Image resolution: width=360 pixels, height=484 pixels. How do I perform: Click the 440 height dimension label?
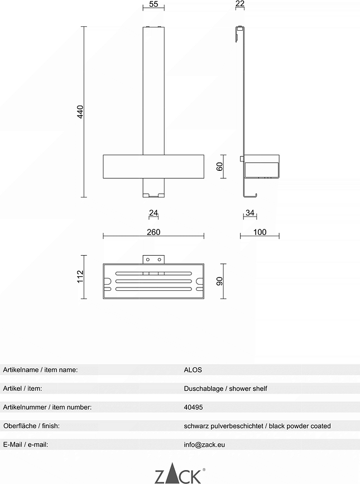click(80, 112)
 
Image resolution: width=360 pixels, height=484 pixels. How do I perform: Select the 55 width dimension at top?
click(153, 4)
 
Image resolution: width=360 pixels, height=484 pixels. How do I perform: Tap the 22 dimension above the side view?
click(239, 3)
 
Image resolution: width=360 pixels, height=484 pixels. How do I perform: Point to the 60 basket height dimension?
click(219, 167)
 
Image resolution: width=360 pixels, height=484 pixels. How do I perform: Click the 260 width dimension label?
click(153, 232)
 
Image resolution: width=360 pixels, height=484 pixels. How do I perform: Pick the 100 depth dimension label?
click(260, 232)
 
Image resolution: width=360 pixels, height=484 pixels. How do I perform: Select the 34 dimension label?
click(250, 213)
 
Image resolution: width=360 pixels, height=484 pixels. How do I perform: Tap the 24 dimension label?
click(153, 213)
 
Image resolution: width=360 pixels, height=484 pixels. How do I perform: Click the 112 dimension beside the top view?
click(80, 276)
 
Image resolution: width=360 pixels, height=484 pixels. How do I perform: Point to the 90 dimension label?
click(219, 281)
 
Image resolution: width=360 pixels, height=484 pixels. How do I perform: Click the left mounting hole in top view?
click(148, 260)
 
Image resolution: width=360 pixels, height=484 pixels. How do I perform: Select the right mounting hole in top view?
click(160, 260)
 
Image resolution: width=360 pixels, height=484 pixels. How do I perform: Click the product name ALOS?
click(193, 370)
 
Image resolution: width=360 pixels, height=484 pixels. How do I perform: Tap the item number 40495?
click(194, 407)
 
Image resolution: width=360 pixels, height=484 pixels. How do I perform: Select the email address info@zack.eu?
click(204, 445)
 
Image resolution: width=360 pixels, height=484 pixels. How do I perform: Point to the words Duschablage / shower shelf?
click(225, 389)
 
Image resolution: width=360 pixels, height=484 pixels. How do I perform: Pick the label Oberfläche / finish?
click(31, 426)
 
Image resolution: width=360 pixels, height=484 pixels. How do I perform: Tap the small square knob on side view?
click(242, 159)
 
